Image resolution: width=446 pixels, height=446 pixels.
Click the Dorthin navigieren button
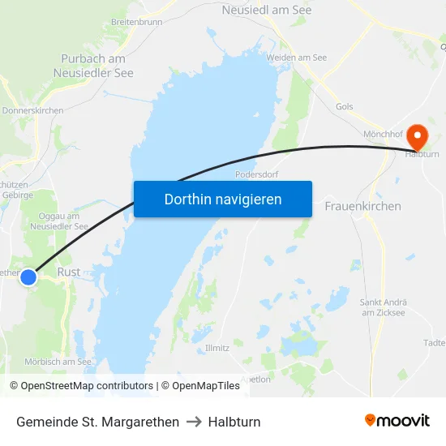tap(222, 199)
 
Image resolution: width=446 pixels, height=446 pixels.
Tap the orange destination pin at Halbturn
tap(417, 136)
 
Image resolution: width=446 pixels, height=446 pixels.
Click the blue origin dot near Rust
tap(28, 277)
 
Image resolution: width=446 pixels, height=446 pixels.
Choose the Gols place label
tap(344, 106)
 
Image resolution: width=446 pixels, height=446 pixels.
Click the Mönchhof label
tap(384, 132)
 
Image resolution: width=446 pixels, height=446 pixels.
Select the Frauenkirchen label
tap(362, 206)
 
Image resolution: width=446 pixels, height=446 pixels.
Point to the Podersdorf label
tap(257, 174)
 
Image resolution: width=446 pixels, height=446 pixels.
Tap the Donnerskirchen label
tap(32, 110)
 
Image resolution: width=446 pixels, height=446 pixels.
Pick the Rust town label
tap(69, 272)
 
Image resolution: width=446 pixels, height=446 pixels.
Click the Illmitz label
tap(217, 348)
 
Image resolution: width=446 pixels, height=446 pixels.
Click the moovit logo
tap(397, 420)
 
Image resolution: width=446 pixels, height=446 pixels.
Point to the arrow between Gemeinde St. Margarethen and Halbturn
tap(193, 422)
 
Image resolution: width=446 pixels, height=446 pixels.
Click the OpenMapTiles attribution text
tap(200, 386)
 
